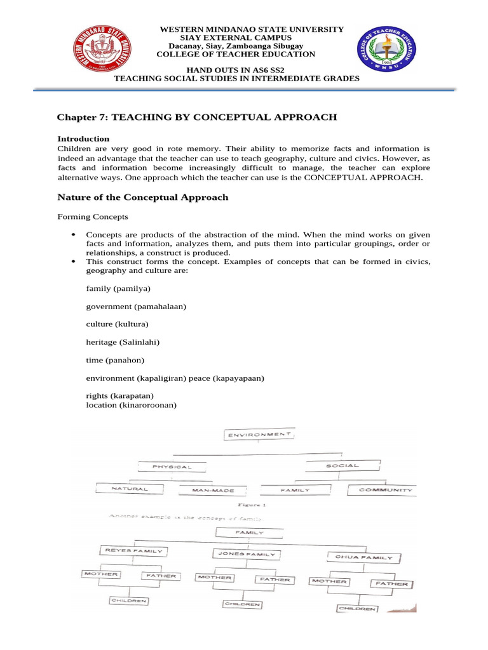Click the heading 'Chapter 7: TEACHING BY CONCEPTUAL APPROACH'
[x=197, y=117]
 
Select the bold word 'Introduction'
[x=83, y=138]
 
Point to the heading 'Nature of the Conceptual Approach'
[x=143, y=197]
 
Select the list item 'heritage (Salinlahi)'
[x=123, y=342]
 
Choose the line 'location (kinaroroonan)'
[x=131, y=405]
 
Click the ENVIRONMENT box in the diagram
[x=258, y=435]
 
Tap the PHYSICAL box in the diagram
[x=171, y=467]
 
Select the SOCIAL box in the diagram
[x=343, y=466]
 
